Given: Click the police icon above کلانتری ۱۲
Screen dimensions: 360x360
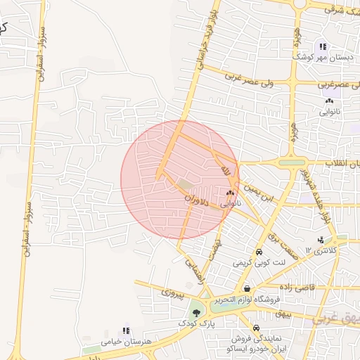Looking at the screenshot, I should click(322, 240).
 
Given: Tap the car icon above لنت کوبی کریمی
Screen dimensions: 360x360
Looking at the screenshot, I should click(259, 252).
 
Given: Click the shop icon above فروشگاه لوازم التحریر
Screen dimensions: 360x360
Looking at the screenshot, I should click(247, 288).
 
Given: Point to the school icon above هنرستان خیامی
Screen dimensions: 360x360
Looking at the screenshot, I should click(126, 330).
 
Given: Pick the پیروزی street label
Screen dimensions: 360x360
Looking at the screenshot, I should click(173, 290).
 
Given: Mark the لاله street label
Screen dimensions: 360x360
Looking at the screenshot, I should click(225, 172).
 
